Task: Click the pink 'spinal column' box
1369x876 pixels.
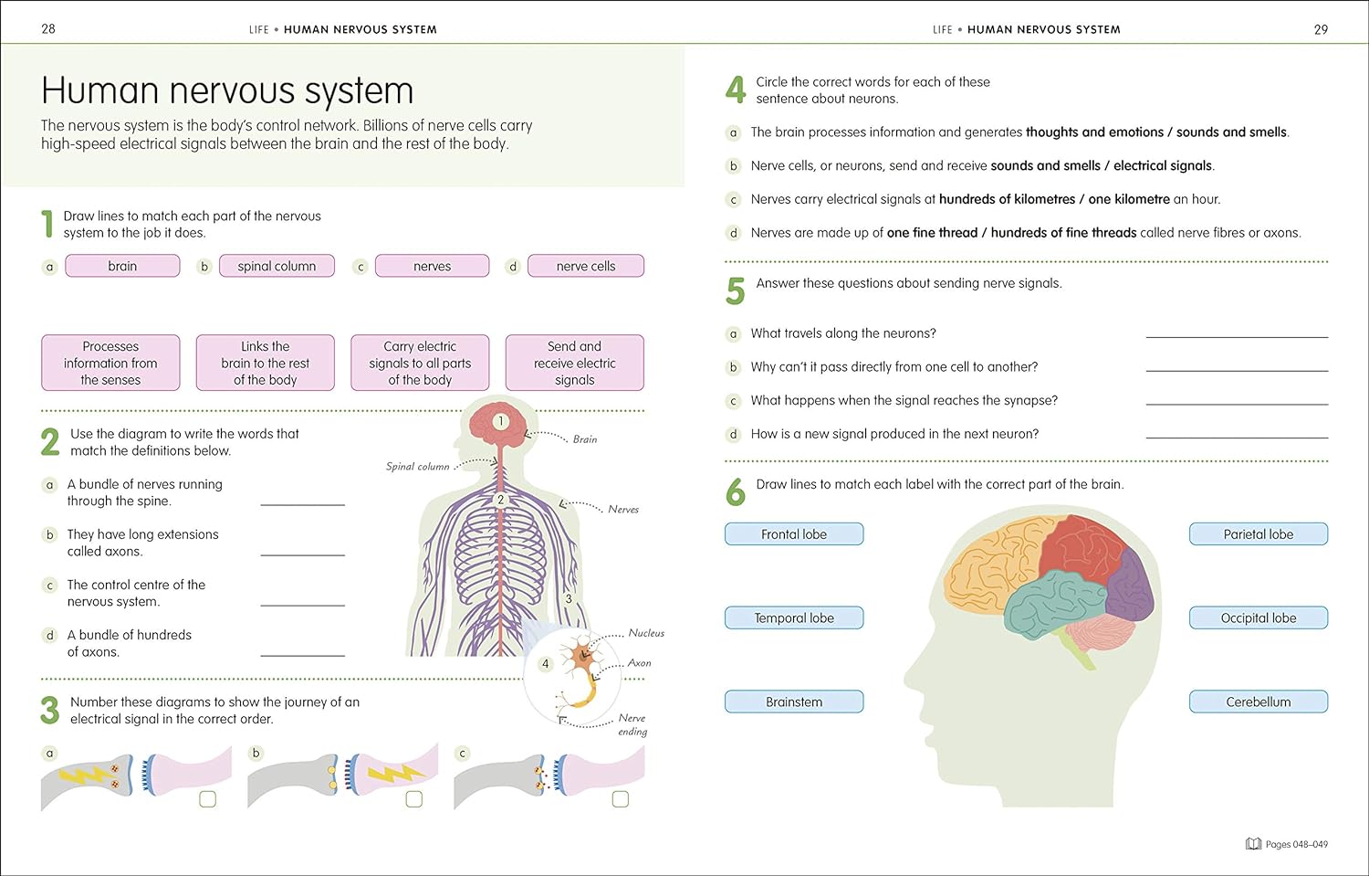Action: coord(277,266)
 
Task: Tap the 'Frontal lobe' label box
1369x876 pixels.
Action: coord(793,534)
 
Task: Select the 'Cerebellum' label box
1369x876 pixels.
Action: coord(1258,702)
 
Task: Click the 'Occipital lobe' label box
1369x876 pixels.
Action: coord(1258,617)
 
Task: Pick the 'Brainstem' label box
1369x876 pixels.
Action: coord(793,702)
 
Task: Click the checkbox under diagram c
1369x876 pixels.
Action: coord(621,799)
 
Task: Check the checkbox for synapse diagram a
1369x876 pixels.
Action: coord(207,799)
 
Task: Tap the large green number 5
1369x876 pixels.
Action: coord(736,291)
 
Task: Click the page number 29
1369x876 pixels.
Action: coord(1320,29)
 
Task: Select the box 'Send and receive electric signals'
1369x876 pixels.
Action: coord(574,363)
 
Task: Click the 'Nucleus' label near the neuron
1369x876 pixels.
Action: coord(646,633)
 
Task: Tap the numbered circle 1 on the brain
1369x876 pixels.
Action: coord(500,421)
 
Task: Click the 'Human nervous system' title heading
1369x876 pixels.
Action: coord(227,90)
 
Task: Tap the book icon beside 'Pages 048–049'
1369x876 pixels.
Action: coord(1253,844)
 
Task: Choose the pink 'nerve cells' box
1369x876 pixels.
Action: coord(585,266)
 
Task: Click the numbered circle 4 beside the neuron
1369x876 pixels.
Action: coord(545,664)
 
